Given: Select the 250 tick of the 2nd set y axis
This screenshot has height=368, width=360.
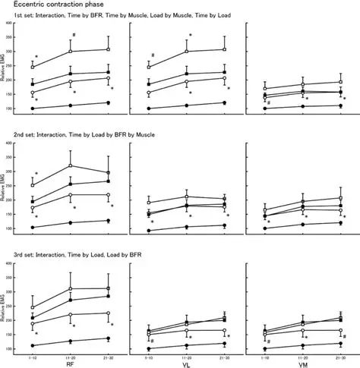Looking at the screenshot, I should click(x=8, y=185).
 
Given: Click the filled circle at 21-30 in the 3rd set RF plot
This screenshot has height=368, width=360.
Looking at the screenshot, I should click(x=109, y=338).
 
